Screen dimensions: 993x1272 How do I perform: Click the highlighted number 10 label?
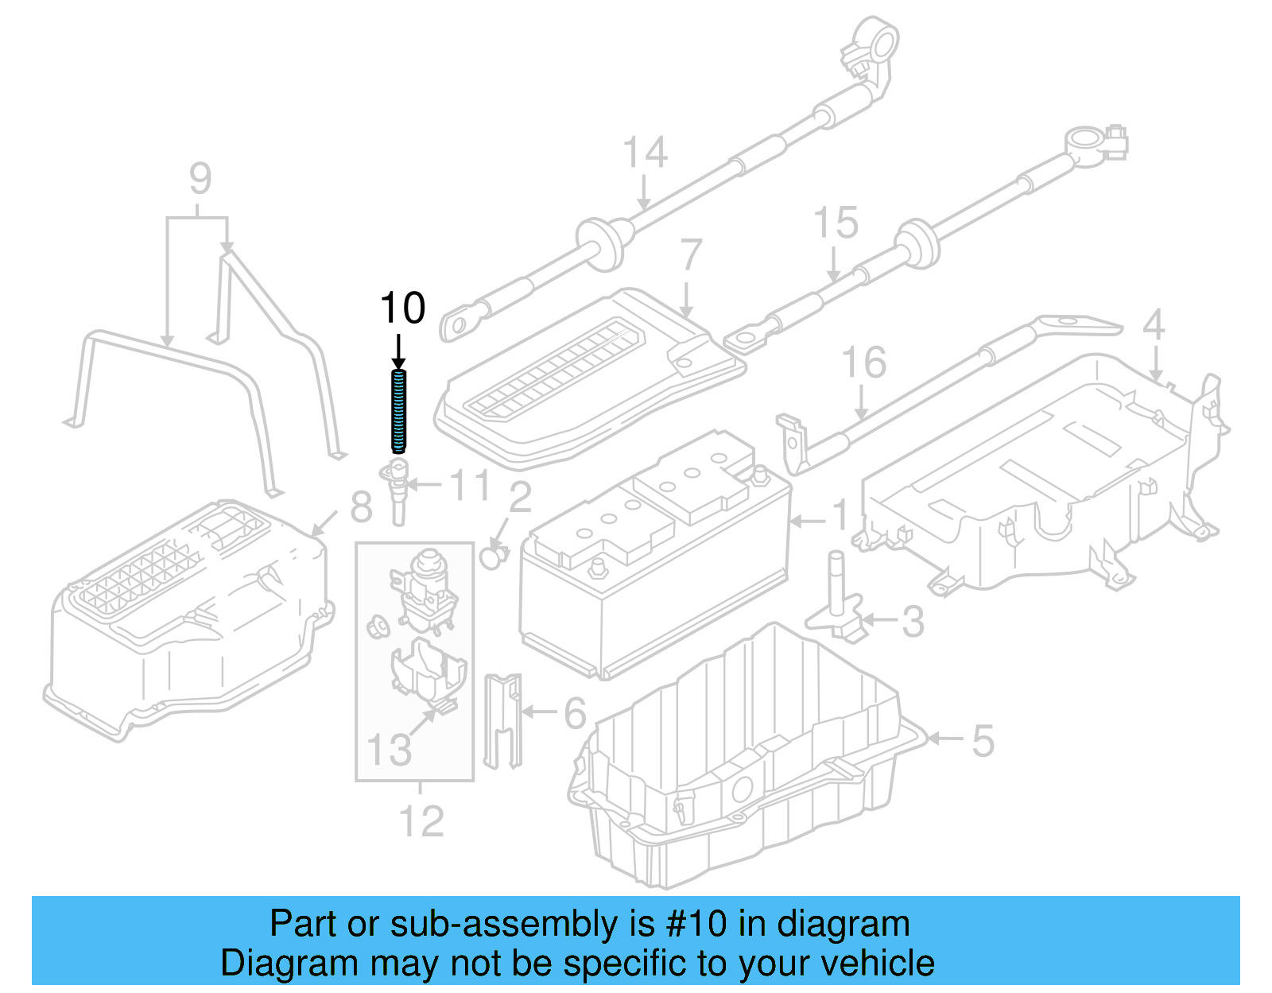(403, 308)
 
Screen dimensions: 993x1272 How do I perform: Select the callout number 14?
(645, 153)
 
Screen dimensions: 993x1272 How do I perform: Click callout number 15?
(836, 223)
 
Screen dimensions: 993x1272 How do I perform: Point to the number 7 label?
(691, 256)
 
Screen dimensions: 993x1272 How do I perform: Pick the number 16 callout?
(863, 363)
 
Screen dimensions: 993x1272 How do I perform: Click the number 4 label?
(1154, 324)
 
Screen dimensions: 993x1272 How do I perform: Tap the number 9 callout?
(200, 179)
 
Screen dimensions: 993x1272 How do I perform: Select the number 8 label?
(361, 506)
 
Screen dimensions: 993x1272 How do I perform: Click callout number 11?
(470, 485)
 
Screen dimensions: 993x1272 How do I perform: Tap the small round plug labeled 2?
(493, 557)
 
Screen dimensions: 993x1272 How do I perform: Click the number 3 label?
(913, 622)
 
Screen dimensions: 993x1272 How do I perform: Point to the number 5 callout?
(983, 741)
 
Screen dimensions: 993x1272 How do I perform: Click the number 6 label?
(575, 713)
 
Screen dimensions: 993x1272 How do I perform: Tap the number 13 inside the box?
(389, 749)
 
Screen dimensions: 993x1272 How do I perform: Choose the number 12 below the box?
(421, 821)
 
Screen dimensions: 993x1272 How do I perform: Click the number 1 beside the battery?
(840, 516)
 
